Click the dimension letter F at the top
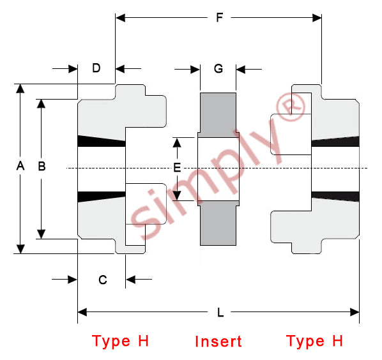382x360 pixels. (220, 17)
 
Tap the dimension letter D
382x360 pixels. (96, 68)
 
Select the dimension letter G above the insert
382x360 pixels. (218, 69)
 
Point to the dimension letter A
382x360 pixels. (20, 166)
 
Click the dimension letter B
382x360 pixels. (42, 166)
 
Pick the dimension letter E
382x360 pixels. (177, 167)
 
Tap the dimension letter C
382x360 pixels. (103, 280)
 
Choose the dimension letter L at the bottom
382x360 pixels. (220, 312)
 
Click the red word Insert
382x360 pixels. (218, 341)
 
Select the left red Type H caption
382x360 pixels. (120, 341)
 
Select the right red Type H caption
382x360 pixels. (314, 341)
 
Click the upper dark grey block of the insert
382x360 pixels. (218, 115)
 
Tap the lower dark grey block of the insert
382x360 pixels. (218, 223)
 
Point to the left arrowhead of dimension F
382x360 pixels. (120, 18)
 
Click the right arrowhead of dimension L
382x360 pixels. (355, 312)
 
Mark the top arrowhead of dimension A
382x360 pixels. (20, 88)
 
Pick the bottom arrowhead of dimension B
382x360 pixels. (41, 234)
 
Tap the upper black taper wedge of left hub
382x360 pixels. (102, 141)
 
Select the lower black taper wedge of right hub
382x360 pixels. (335, 197)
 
